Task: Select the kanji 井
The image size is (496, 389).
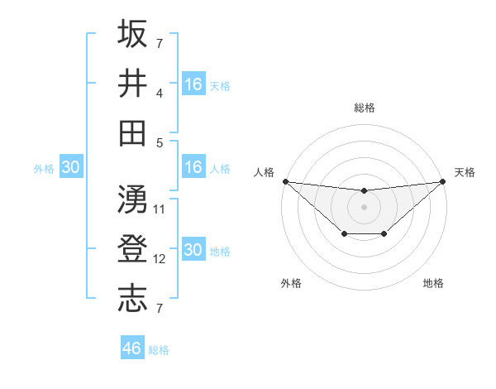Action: [132, 83]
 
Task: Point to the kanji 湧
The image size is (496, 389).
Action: [132, 199]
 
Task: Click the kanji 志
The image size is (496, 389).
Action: [132, 299]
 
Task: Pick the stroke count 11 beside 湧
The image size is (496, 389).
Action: [160, 209]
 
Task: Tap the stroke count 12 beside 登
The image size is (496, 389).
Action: [160, 259]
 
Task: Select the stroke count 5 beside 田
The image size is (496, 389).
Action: [160, 142]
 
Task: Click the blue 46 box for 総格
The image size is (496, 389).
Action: [132, 348]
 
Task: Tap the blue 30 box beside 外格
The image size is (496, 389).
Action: [70, 167]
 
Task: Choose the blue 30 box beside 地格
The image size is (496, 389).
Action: [193, 250]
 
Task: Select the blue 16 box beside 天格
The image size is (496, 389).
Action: [193, 84]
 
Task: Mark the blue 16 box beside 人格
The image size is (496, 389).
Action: [193, 167]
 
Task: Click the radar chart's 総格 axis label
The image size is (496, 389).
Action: [365, 108]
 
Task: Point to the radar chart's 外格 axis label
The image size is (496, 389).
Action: [291, 283]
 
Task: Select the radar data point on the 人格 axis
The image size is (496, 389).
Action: [284, 181]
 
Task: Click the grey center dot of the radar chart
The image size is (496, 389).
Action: [365, 207]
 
